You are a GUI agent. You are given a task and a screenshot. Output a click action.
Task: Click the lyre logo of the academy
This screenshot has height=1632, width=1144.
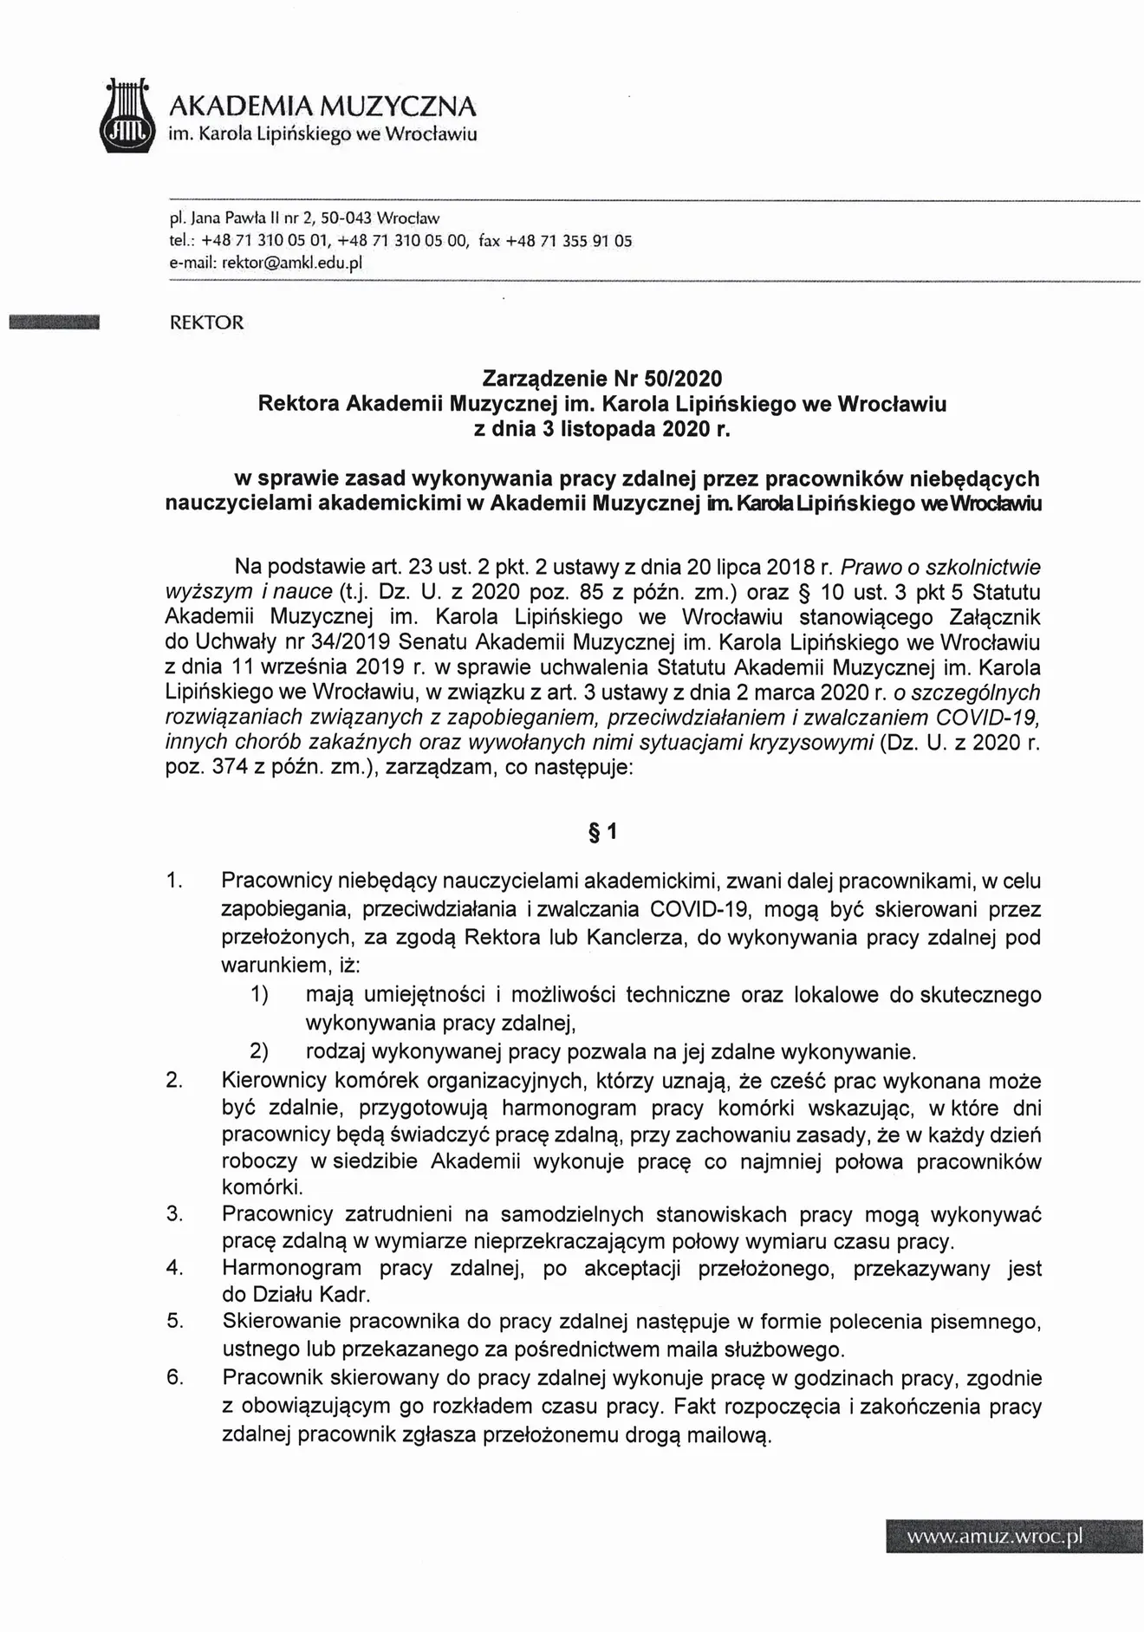click(127, 117)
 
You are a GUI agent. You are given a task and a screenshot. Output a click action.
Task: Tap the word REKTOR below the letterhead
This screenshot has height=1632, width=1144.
click(207, 323)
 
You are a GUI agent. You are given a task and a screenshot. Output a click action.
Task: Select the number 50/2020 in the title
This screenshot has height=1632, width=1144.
click(689, 379)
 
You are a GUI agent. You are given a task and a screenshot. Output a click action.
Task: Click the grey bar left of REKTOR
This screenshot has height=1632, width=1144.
click(54, 323)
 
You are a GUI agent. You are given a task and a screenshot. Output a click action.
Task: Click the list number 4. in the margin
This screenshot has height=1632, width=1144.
click(175, 1268)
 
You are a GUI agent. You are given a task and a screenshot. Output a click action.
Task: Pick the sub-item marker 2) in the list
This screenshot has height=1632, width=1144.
click(259, 1051)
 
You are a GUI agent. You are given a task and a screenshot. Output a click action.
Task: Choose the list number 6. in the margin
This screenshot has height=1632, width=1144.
click(175, 1377)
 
